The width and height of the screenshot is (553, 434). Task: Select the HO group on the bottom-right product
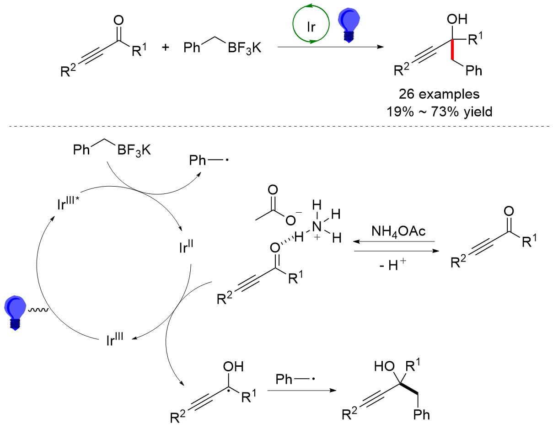pos(384,366)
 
